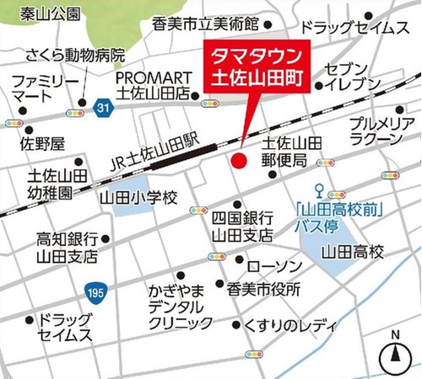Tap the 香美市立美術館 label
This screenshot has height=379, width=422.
tap(206, 25)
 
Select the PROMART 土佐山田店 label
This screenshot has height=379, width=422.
tap(155, 84)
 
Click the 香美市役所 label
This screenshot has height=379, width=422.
tap(263, 288)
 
